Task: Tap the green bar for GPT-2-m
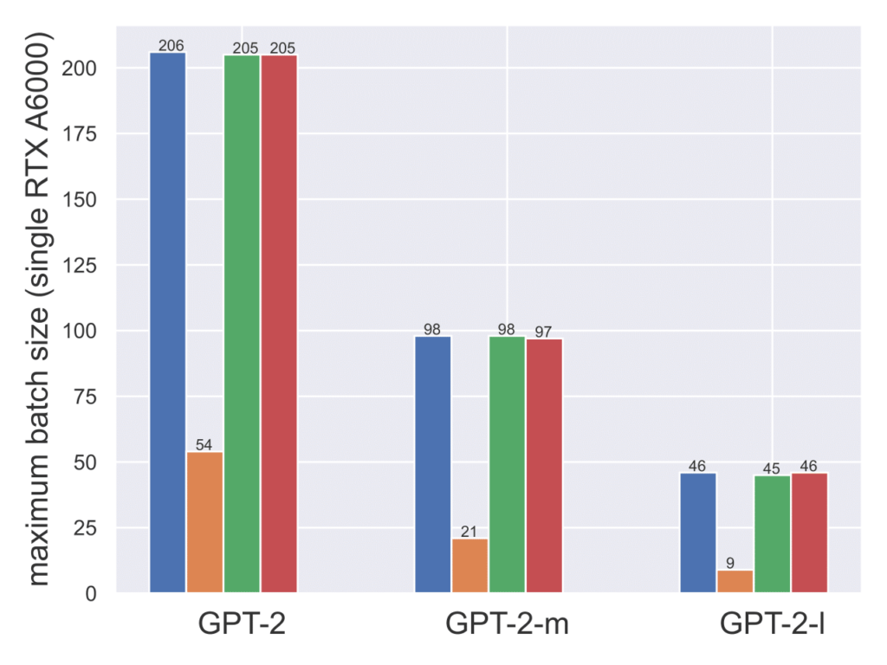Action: click(x=507, y=464)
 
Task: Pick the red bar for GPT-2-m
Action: click(x=544, y=465)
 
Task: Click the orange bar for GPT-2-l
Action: click(x=735, y=581)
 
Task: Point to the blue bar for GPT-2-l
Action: click(x=698, y=533)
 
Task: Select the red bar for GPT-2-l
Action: click(x=809, y=533)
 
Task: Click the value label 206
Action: click(x=171, y=46)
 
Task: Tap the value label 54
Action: click(x=204, y=445)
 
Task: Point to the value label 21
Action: click(x=469, y=532)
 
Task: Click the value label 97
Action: click(x=543, y=332)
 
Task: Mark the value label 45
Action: click(x=771, y=468)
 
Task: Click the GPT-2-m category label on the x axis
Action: click(x=507, y=623)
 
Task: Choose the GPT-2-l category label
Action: click(x=772, y=623)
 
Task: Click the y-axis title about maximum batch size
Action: click(x=40, y=307)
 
